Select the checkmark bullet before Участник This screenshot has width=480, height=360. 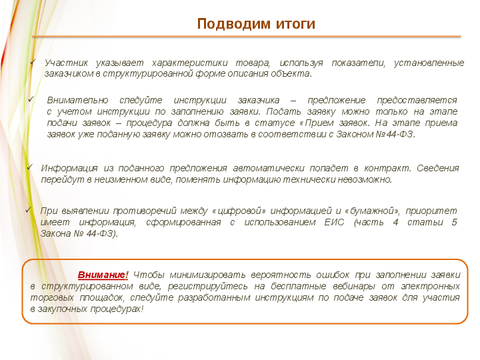click(33, 61)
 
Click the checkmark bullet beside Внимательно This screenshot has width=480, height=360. click(31, 99)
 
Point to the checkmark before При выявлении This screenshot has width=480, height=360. click(29, 210)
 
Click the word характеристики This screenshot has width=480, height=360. click(190, 63)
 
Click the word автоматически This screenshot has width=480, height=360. click(269, 169)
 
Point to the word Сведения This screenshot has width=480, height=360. click(438, 168)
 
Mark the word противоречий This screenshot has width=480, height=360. click(145, 211)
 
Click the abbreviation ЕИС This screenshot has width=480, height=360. click(334, 222)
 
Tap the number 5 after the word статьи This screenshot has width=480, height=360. click(454, 222)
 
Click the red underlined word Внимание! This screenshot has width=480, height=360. click(103, 275)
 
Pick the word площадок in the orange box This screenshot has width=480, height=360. click(102, 298)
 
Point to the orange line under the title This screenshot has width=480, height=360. click(247, 37)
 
